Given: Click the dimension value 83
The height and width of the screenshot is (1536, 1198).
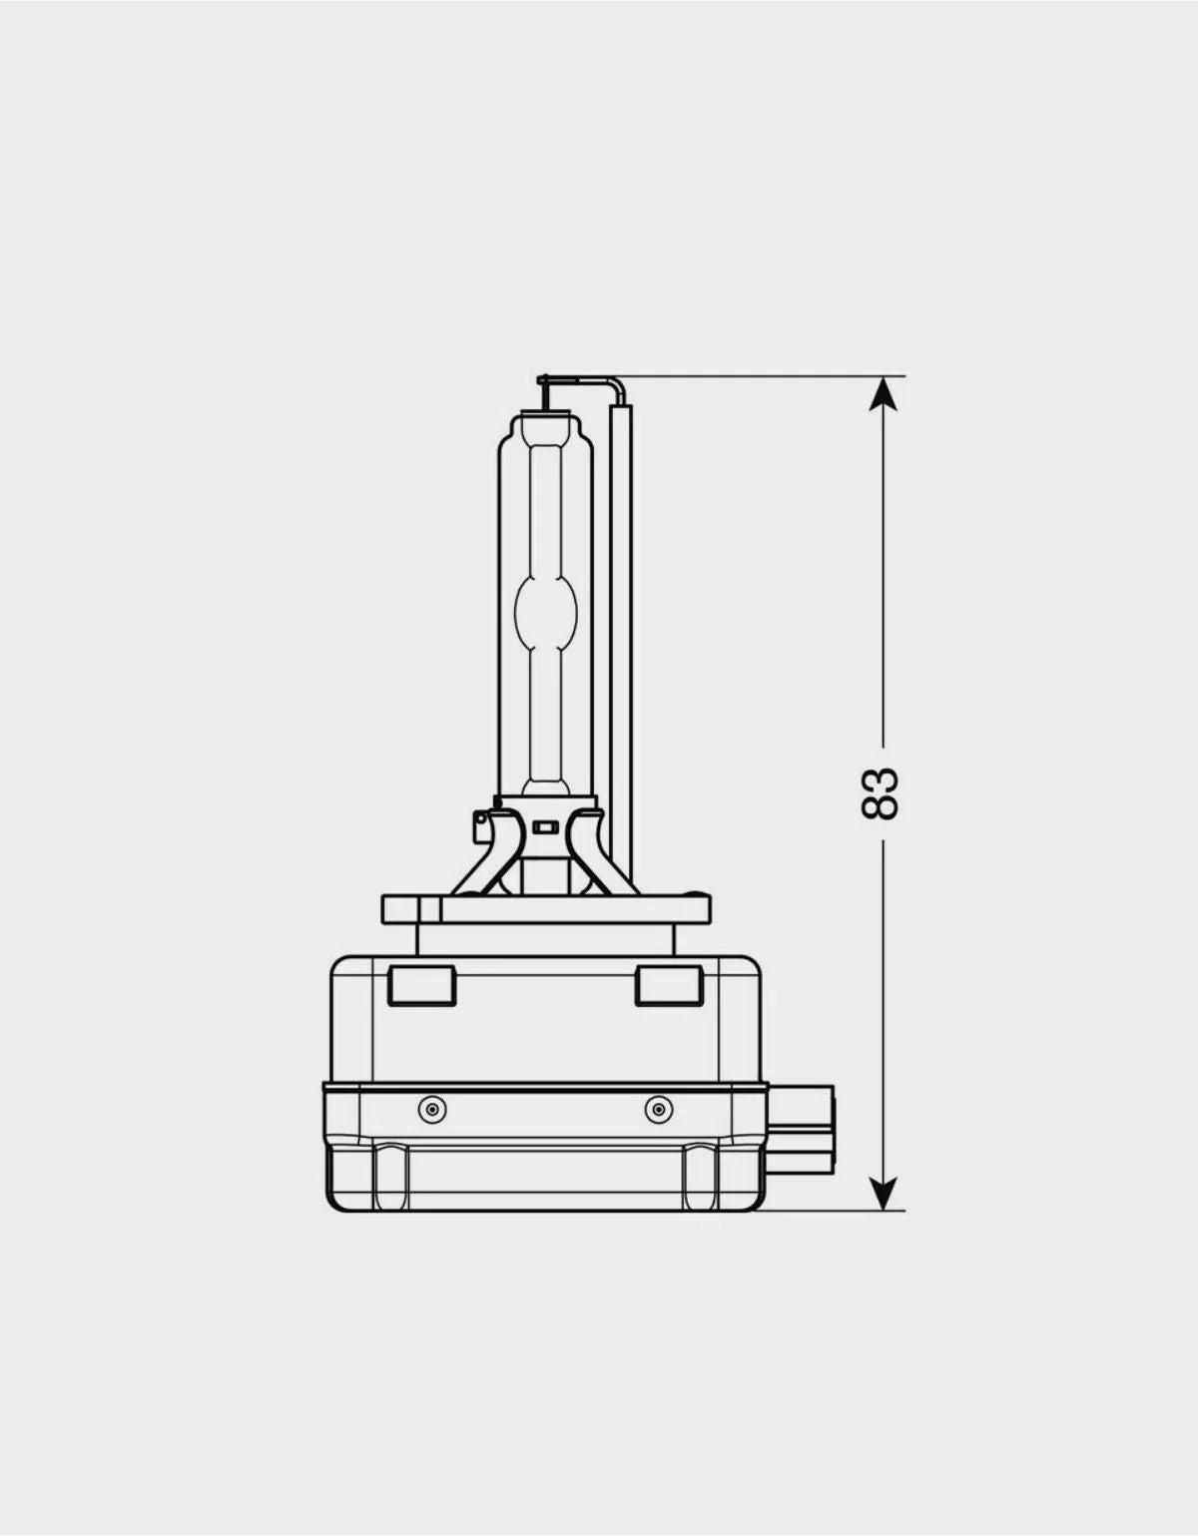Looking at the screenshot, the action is click(x=881, y=793).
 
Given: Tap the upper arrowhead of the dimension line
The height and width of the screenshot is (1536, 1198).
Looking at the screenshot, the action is click(x=883, y=394).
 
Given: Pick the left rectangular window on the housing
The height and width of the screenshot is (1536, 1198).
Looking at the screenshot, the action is click(x=422, y=986).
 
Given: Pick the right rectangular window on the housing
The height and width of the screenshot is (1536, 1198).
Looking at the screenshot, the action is click(x=669, y=986).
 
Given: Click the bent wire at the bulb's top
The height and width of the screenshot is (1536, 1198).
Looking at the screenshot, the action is click(x=580, y=381).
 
